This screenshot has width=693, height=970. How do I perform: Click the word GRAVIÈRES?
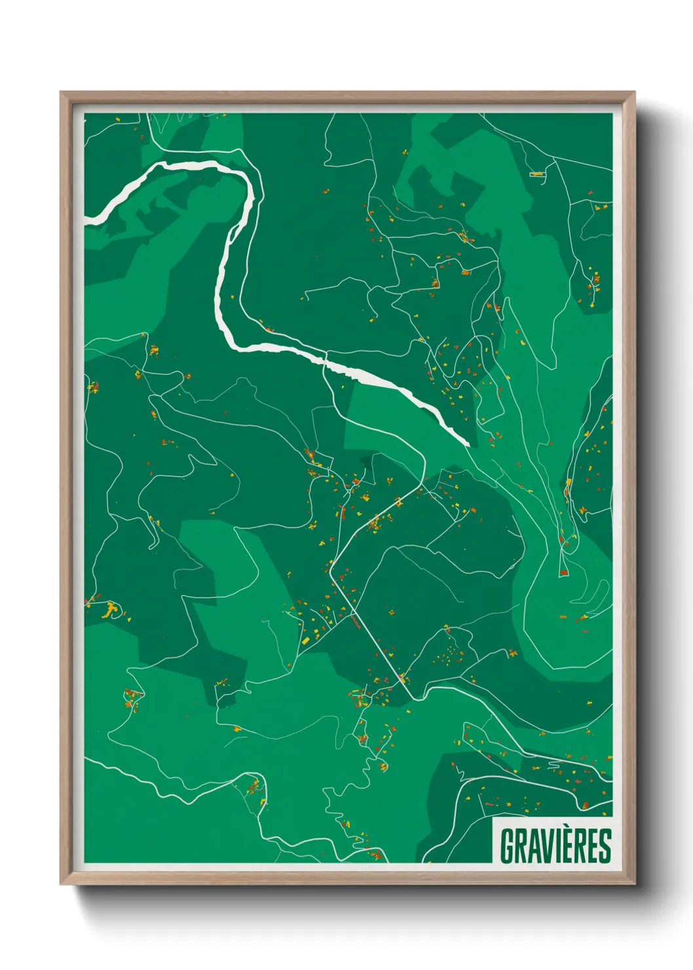pos(555,846)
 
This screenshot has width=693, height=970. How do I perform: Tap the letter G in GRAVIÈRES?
pos(508,846)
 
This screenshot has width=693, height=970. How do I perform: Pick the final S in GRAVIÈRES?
pos(605,846)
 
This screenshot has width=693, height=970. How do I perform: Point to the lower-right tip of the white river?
pos(468,444)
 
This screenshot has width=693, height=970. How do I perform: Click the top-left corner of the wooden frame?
pos(61,92)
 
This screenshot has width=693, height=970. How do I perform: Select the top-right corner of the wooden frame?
pos(634,92)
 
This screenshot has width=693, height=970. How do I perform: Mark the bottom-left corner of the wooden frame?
pos(61,883)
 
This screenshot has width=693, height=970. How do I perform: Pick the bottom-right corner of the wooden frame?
pos(634,883)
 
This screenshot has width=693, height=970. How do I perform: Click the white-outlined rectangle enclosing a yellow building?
pos(537,174)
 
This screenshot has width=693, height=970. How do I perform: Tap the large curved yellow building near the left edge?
pos(111,610)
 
